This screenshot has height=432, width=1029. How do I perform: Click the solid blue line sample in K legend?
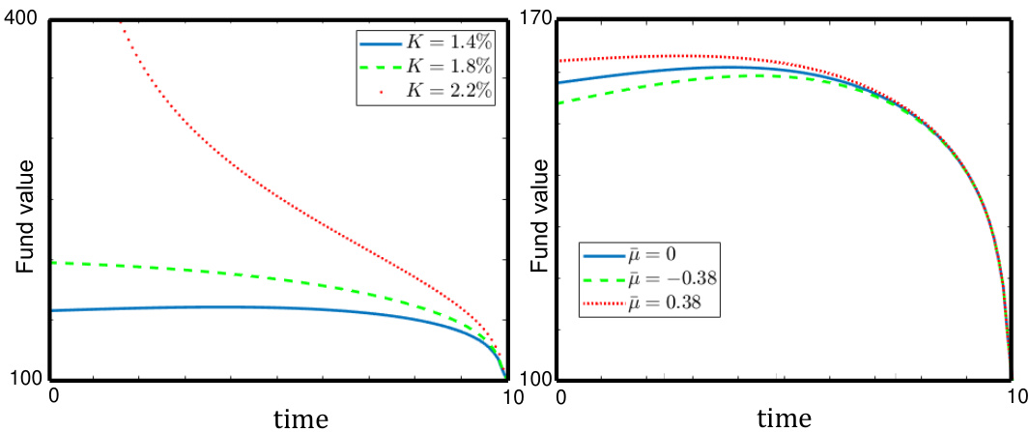click(x=381, y=44)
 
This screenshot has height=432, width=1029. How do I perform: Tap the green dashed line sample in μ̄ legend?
click(x=605, y=281)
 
